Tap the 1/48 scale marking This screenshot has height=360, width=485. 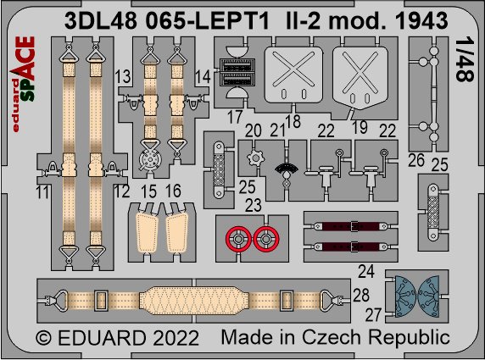(x=465, y=59)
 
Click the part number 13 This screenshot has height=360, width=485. (x=123, y=76)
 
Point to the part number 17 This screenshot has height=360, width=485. (x=235, y=117)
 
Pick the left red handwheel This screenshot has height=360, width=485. (x=238, y=239)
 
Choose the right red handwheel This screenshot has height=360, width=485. (x=266, y=239)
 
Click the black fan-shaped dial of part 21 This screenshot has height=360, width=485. (x=287, y=169)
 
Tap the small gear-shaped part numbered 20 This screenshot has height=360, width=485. (x=255, y=158)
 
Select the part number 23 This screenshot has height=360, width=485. (x=254, y=205)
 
